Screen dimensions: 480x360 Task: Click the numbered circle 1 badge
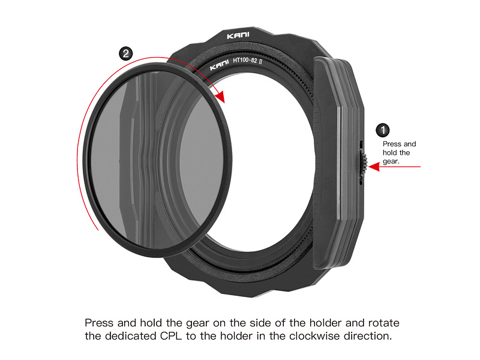coord(382,130)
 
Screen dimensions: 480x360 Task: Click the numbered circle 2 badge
coord(125,54)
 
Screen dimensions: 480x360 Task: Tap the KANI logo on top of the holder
coord(238,36)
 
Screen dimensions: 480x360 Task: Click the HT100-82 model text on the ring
coord(245,60)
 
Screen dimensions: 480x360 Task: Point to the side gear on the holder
coord(364,163)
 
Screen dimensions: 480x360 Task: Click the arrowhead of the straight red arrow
coord(374,167)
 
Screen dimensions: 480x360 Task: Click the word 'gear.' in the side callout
coord(391,161)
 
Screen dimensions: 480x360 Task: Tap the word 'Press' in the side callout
coord(392,144)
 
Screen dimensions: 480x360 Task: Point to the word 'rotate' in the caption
coord(383,323)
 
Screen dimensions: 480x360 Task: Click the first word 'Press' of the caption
coord(99,323)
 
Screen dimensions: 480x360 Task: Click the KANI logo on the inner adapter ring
coord(219,65)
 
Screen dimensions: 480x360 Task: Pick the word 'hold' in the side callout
coord(389,153)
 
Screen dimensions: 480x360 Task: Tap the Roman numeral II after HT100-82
coord(260,61)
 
